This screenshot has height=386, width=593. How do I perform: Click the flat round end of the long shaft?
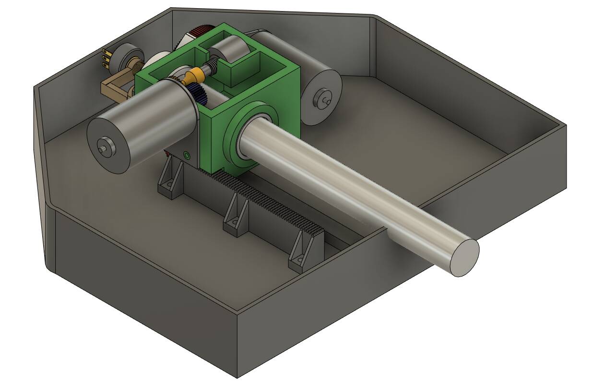(x=464, y=257)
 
